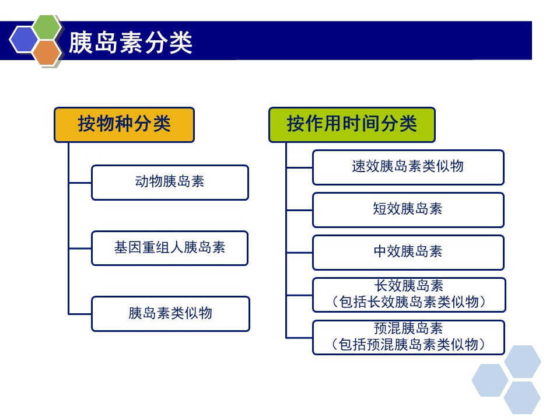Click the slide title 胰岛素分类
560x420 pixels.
(130, 42)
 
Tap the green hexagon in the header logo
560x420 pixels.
(47, 28)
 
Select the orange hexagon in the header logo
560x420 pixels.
(47, 53)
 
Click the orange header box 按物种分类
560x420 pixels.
(124, 125)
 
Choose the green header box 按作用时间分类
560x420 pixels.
(352, 125)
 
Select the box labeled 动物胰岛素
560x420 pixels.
(170, 182)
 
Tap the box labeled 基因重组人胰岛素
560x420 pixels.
(170, 249)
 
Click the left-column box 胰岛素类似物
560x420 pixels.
(170, 314)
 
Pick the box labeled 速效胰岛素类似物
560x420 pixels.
(408, 167)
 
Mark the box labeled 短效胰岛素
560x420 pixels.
(408, 210)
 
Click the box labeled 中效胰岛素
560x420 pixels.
(408, 253)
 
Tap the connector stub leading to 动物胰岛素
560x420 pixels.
(80, 183)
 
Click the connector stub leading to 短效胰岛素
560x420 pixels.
(300, 211)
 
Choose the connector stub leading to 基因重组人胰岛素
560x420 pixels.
(80, 249)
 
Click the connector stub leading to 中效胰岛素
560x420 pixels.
(300, 253)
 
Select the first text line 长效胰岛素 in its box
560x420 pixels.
(408, 286)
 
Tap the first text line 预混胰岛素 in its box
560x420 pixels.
(408, 328)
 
